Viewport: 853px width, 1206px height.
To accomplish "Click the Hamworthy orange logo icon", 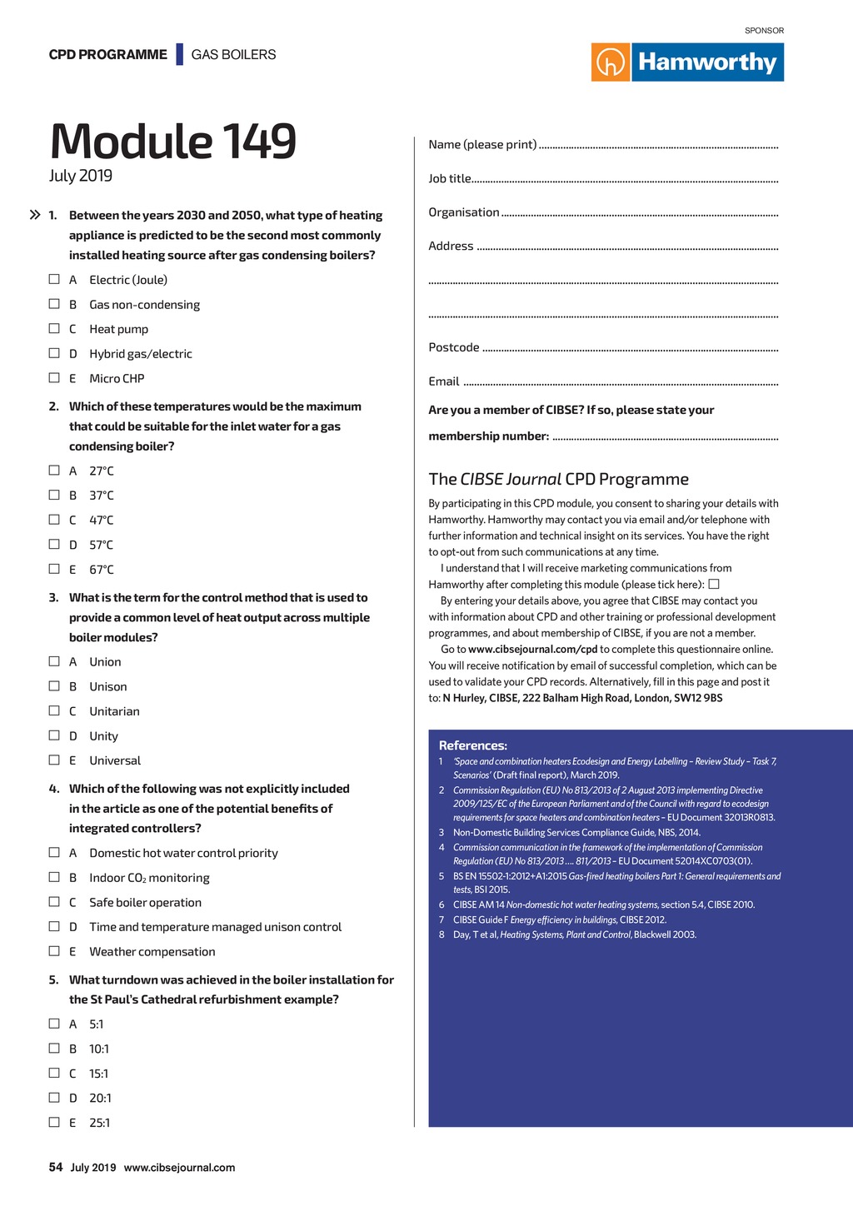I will click(611, 62).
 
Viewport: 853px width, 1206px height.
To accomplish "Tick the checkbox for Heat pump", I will click(54, 328).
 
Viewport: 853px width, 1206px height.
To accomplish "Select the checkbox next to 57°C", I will click(54, 544).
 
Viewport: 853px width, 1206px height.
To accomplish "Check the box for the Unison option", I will click(54, 685).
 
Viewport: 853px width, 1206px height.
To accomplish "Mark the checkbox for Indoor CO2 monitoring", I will click(54, 877).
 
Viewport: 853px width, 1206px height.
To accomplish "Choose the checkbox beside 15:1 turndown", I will click(54, 1073).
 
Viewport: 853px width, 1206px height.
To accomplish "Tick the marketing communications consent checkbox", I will click(714, 584).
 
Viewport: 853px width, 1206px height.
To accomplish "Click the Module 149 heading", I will click(172, 141).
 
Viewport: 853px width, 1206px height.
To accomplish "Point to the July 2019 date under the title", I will click(80, 176).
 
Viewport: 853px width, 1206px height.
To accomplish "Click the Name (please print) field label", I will click(482, 145).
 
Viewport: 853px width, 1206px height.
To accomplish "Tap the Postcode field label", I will click(454, 347).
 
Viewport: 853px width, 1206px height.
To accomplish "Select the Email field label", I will click(444, 381).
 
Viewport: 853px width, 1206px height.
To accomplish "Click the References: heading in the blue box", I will click(473, 745).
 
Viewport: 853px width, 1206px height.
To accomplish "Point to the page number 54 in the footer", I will click(56, 1167).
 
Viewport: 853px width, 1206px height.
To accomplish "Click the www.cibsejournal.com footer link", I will click(179, 1168).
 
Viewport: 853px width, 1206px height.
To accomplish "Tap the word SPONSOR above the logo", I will click(764, 31).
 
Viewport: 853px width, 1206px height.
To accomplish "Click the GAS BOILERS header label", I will click(233, 55).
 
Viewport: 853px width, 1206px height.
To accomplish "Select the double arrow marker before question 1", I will click(35, 215).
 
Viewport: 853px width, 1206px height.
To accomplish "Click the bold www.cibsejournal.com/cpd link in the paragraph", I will click(533, 650).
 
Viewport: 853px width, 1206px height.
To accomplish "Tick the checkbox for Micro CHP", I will click(54, 377).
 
